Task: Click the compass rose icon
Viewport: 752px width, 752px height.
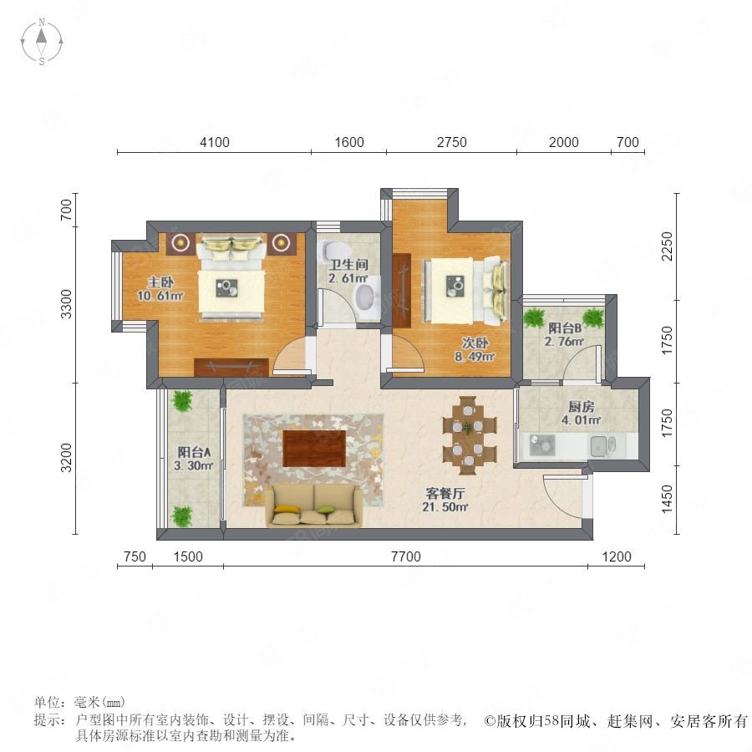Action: point(42,42)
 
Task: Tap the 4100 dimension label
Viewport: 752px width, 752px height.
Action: point(215,142)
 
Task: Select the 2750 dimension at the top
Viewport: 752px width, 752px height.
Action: point(452,142)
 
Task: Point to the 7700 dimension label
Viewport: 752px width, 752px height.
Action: point(406,556)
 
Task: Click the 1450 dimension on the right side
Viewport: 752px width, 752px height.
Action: point(667,500)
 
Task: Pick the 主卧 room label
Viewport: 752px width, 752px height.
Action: point(160,282)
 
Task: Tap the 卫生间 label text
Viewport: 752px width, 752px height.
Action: point(348,264)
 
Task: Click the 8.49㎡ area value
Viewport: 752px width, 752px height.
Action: point(475,356)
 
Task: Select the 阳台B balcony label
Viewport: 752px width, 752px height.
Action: point(565,328)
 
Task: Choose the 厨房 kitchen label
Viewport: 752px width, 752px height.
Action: point(582,407)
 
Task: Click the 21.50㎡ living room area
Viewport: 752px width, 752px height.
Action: point(445,506)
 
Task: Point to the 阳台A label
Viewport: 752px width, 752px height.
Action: point(194,452)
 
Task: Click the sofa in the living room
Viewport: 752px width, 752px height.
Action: point(314,506)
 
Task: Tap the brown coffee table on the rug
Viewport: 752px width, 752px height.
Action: point(314,449)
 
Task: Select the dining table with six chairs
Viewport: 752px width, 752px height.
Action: point(469,435)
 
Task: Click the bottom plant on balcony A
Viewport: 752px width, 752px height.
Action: point(182,516)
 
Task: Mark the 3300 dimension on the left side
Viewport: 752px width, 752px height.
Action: point(66,303)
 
